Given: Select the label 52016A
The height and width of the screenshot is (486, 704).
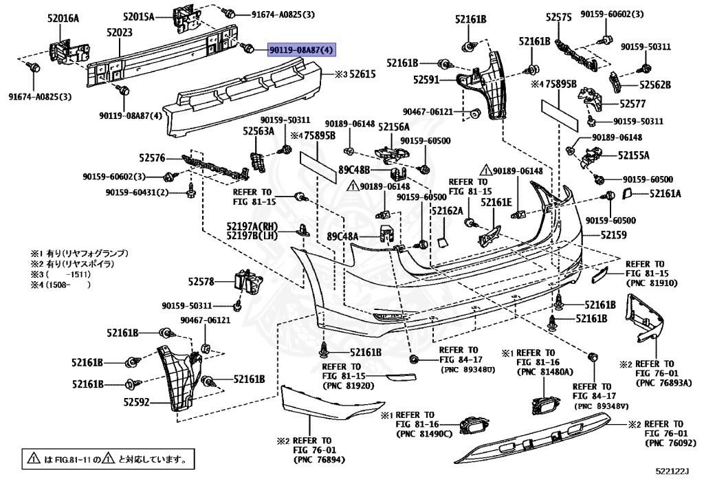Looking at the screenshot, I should coord(63,19).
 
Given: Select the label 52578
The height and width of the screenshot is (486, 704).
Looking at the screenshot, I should coord(203,280).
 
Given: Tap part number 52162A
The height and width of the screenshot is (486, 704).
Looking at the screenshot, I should coord(447,212).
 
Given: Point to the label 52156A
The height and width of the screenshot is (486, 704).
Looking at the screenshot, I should coord(393,126).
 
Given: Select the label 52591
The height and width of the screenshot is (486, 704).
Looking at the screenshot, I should coord(426,80).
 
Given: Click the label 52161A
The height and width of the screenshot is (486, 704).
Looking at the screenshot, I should coord(665,194).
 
